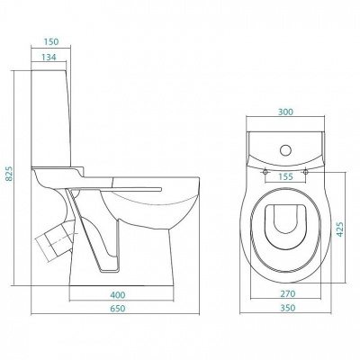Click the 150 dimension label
50,41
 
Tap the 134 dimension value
49,57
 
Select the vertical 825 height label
9,174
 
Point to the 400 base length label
118,295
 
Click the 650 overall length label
118,309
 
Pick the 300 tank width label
285,112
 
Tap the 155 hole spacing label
285,176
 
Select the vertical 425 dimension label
339,229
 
